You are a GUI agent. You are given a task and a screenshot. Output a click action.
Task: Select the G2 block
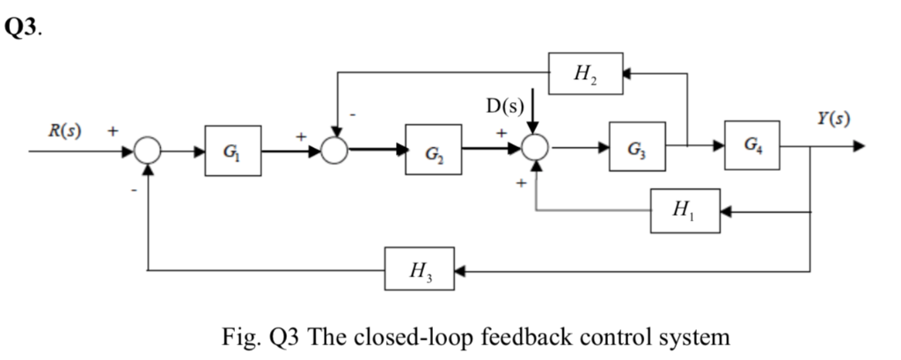[x=433, y=151]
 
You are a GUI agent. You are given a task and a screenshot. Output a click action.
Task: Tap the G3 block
[x=635, y=146]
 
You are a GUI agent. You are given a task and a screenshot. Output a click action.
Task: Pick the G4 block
[x=751, y=145]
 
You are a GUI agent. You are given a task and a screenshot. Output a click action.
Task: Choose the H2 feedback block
[x=584, y=74]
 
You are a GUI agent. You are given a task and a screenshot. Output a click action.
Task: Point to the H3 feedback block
[x=420, y=271]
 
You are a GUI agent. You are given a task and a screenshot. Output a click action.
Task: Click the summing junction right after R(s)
[x=147, y=151]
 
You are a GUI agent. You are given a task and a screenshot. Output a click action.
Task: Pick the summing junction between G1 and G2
[x=334, y=151]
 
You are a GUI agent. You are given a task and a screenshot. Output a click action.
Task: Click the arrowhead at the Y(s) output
[x=859, y=146]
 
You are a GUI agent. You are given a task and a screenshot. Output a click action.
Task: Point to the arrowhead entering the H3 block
[x=460, y=271]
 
